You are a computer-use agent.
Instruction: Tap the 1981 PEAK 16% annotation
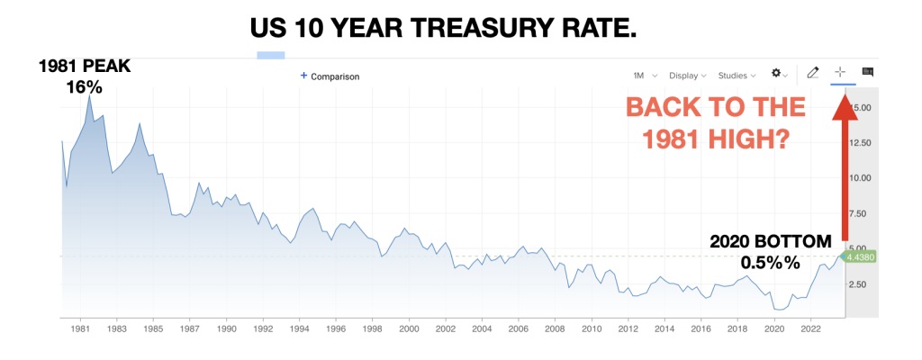(83, 77)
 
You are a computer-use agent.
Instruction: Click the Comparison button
(330, 76)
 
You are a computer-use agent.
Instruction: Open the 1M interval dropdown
(644, 75)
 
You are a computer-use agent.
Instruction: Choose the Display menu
(687, 75)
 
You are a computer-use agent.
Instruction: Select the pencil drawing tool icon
(812, 73)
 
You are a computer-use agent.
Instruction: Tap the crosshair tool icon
(841, 73)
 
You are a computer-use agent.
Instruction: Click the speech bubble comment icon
(868, 73)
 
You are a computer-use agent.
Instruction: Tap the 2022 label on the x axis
(810, 329)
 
